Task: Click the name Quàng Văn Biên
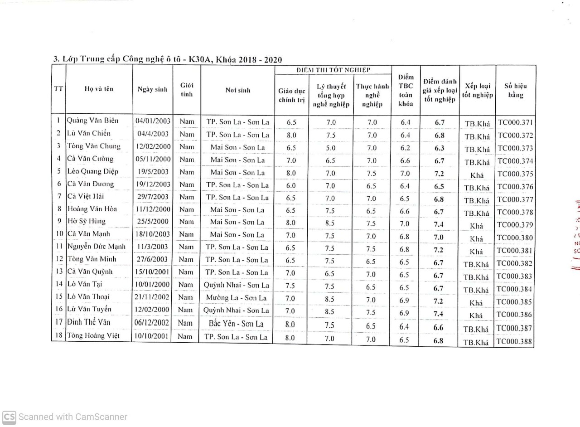click(92, 121)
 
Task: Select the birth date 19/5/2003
click(152, 172)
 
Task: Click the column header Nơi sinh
click(237, 90)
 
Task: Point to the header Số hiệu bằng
click(515, 90)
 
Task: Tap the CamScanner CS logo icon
click(9, 417)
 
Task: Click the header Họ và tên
click(99, 89)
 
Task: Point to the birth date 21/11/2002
click(152, 297)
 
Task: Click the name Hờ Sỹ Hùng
click(86, 221)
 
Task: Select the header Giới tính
click(186, 90)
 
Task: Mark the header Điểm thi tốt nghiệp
click(333, 70)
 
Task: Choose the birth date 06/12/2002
click(152, 323)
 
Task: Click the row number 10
click(59, 234)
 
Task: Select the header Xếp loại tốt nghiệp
click(478, 90)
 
